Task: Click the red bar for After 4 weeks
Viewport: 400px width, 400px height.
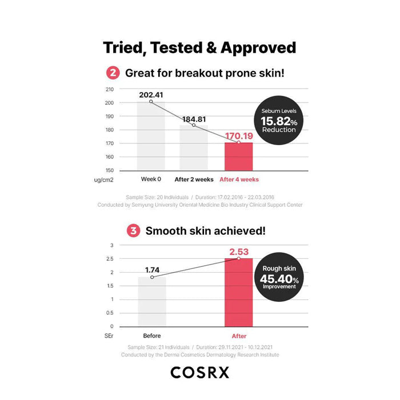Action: pos(238,156)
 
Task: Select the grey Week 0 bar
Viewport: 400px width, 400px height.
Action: pos(151,137)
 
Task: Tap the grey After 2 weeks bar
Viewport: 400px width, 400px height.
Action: pos(194,147)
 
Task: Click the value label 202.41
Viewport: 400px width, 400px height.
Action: pos(151,95)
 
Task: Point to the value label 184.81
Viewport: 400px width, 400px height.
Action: pos(194,119)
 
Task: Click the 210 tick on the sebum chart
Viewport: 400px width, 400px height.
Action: pos(109,89)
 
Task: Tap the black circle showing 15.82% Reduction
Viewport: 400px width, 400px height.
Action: pos(278,121)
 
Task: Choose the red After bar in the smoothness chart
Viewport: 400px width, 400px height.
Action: pos(238,292)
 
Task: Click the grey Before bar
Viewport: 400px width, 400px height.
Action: pos(151,301)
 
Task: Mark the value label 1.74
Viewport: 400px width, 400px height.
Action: pos(152,270)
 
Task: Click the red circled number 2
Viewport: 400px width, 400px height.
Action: pos(113,73)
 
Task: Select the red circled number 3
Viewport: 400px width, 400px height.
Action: pos(133,231)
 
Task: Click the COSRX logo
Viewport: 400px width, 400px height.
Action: pos(200,373)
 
